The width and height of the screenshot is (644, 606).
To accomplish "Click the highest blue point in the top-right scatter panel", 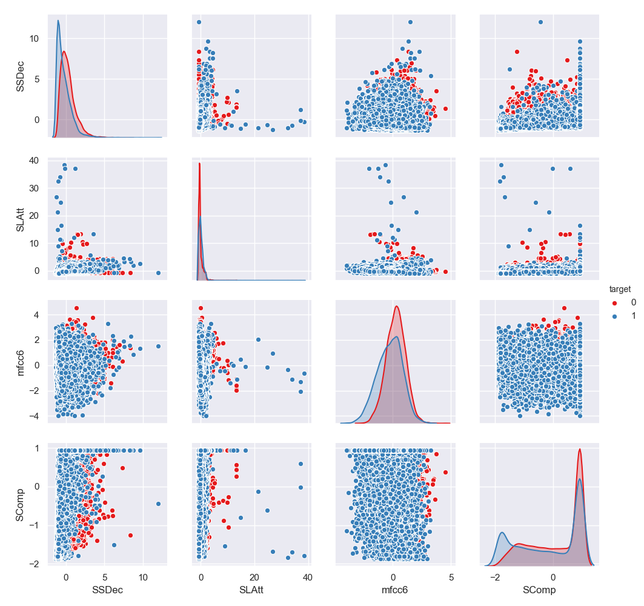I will (540, 22).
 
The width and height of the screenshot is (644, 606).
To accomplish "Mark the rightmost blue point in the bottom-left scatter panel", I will (158, 504).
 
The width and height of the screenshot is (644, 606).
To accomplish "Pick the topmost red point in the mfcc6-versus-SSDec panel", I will (76, 308).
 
